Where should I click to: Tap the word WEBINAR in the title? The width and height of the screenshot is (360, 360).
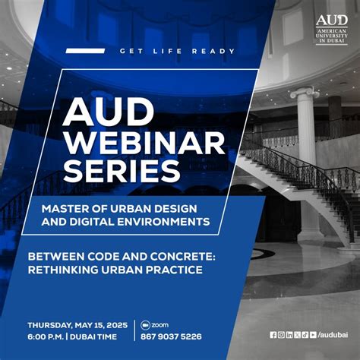coord(144,142)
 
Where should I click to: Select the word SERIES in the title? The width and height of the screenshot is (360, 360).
coord(122,169)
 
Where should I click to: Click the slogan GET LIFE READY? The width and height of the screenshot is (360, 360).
coord(177,52)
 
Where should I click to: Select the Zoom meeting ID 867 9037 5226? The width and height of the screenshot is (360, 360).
coord(171,336)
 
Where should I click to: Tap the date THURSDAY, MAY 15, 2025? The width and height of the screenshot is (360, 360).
coord(78,324)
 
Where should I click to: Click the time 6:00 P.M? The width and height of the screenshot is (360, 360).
coord(46,336)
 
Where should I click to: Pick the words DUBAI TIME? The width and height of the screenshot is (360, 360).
coord(101,336)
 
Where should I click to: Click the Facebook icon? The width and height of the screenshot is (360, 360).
coord(273,334)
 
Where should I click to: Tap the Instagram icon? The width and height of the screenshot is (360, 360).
coord(281,334)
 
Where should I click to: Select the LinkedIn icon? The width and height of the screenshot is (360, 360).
coord(289,334)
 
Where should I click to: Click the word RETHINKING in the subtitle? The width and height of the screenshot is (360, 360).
coord(66,269)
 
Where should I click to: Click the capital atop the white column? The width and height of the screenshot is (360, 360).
coord(305,94)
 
